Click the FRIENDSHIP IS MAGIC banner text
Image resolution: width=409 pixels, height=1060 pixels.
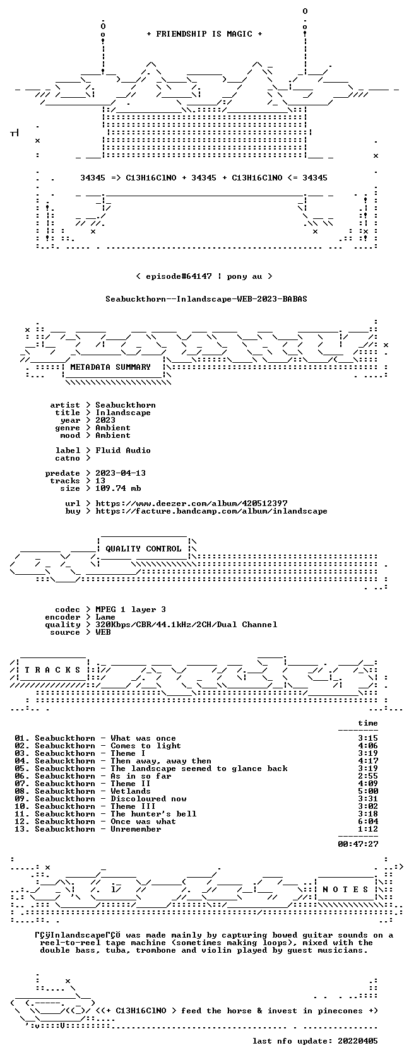click(204, 34)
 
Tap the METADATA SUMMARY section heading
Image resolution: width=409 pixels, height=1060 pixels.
click(110, 367)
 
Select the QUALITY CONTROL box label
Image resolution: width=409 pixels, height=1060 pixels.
click(143, 549)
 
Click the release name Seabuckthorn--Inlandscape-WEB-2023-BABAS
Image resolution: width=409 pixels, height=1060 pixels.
click(206, 299)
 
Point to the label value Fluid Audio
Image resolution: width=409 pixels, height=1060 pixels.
click(123, 450)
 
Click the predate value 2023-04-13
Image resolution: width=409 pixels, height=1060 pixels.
click(121, 473)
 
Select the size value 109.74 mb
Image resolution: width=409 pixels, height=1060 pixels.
click(119, 488)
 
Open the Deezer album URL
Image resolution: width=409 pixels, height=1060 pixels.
click(191, 503)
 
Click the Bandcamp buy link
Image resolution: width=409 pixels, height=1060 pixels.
click(211, 511)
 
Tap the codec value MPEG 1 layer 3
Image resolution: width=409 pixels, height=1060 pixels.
click(131, 609)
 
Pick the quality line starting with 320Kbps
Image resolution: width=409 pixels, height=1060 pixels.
click(187, 625)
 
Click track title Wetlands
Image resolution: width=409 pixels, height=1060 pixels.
click(131, 791)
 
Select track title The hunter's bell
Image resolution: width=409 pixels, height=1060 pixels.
click(153, 814)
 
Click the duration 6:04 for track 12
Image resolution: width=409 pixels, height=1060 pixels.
click(369, 821)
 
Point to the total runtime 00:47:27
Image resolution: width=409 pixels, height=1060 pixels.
click(359, 844)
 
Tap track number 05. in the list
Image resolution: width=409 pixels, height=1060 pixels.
click(22, 768)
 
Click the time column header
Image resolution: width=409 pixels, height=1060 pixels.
click(369, 723)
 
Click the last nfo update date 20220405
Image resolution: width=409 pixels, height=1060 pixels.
click(359, 1041)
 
